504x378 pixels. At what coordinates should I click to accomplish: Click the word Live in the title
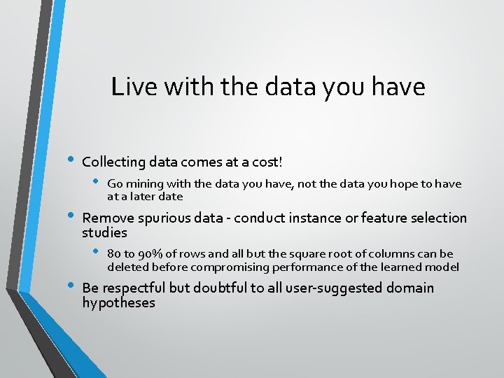click(128, 87)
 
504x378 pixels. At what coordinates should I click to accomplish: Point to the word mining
click(144, 184)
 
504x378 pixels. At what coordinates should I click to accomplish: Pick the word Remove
click(106, 218)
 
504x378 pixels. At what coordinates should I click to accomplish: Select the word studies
click(104, 232)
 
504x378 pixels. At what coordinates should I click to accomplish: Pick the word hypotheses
click(118, 303)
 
